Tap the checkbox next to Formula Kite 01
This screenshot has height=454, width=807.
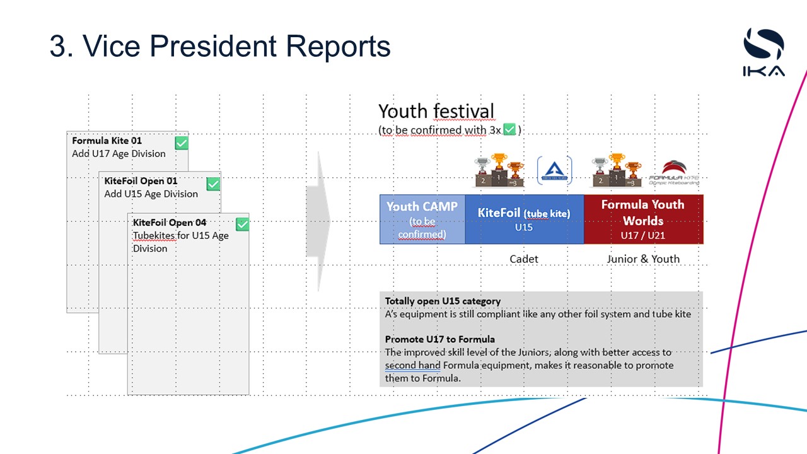pos(181,143)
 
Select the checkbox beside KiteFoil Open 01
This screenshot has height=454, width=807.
pos(214,183)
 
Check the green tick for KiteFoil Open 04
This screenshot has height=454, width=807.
pos(242,224)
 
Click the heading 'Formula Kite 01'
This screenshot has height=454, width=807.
pos(107,141)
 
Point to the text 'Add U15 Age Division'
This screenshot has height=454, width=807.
pos(151,194)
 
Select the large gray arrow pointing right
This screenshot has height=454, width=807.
pos(318,221)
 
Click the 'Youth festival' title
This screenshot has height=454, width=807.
pos(436,111)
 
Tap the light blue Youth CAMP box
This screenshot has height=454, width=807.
pos(422,219)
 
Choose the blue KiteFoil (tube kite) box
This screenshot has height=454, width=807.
pos(524,219)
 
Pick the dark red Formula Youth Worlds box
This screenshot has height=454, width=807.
pos(642,219)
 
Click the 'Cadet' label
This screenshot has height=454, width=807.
pos(524,259)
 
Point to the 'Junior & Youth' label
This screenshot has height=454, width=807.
pos(643,259)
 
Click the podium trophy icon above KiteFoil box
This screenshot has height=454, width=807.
pos(499,170)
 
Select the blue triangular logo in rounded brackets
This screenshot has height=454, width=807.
pos(554,170)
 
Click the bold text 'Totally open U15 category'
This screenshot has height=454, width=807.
pos(443,301)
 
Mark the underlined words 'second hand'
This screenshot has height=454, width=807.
pos(412,365)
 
